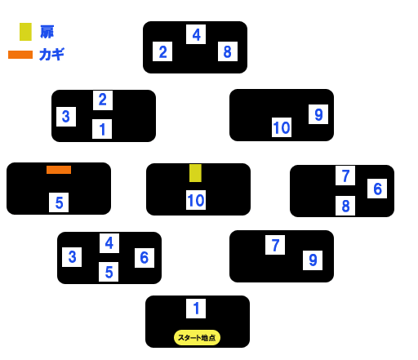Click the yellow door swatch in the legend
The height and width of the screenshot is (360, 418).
[25, 32]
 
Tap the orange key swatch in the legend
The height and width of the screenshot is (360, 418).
[20, 55]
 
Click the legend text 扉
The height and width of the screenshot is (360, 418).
[47, 32]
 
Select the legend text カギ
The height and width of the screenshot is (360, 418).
[51, 54]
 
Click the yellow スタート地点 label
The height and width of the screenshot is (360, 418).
[197, 338]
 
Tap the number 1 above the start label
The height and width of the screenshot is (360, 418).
[196, 309]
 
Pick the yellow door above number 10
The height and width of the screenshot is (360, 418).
[195, 173]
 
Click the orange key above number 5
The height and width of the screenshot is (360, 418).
[59, 170]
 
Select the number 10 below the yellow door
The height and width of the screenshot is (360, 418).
[196, 200]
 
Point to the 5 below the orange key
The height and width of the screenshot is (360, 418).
[59, 202]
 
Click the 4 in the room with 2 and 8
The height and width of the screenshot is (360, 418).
[196, 34]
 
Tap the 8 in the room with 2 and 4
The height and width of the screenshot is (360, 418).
[228, 51]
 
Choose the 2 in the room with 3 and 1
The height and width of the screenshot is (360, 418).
[103, 100]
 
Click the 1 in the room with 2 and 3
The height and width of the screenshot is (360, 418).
[102, 129]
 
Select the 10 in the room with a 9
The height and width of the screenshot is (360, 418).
[282, 127]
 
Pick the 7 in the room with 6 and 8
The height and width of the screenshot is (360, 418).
[345, 176]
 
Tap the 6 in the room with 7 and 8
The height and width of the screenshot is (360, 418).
[377, 189]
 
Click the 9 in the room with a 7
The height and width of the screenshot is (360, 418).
[313, 260]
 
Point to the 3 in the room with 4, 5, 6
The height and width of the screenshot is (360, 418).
[72, 257]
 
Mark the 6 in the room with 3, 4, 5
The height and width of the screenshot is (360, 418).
[145, 258]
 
